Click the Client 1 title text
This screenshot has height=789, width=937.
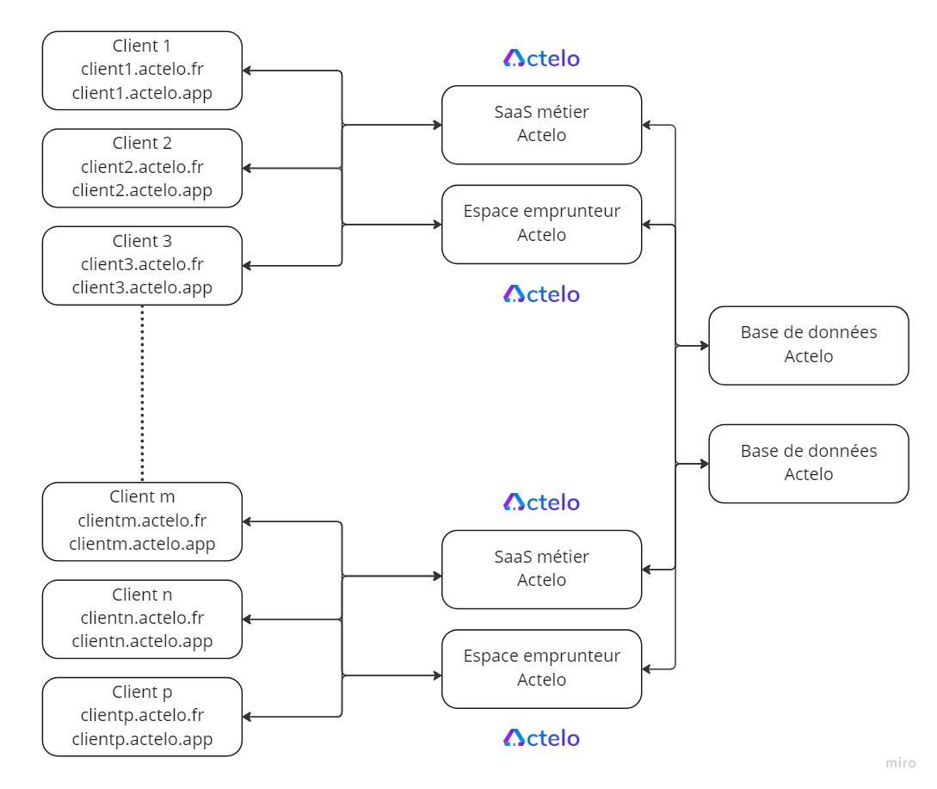coord(142,46)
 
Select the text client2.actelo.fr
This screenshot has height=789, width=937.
coord(142,167)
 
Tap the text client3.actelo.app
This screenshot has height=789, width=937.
coord(142,287)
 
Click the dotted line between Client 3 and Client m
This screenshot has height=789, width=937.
coord(142,393)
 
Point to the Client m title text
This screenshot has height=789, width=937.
coord(142,496)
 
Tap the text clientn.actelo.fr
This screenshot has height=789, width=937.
coord(142,618)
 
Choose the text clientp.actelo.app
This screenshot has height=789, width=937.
coord(142,739)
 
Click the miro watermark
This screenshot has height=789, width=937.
coord(901,762)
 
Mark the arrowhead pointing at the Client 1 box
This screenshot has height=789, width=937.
coord(247,71)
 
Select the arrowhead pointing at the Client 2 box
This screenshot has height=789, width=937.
coord(247,169)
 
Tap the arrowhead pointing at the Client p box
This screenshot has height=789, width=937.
coord(247,717)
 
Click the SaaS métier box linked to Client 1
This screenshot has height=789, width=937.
coord(541,125)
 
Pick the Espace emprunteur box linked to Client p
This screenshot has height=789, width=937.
coord(541,669)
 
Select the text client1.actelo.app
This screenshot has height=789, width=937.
coord(142,93)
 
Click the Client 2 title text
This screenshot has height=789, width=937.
coord(142,143)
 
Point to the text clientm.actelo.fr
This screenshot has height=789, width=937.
coord(142,521)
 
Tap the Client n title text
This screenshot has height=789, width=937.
coord(142,595)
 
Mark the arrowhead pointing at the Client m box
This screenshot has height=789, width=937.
coord(247,521)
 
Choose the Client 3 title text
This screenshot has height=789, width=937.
coord(142,241)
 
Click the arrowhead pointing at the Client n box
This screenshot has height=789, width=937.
coord(247,619)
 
